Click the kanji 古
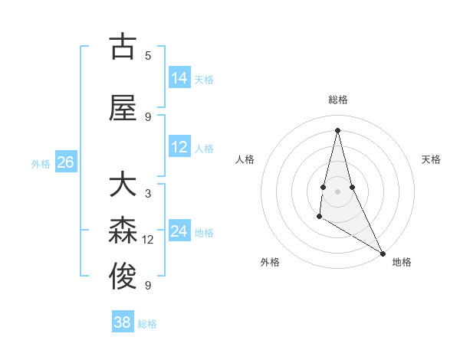coord(123,47)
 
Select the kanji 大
coord(123,185)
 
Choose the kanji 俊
coord(123,277)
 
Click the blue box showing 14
coord(179,78)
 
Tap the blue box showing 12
coord(179,147)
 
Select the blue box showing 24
coord(179,231)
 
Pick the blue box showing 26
coord(65,162)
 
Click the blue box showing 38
coord(123,322)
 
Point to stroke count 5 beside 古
coord(148,55)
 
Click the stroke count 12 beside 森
coord(148,240)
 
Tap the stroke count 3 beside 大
coord(148,193)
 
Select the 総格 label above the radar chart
coord(338,100)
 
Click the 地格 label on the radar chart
coord(402,262)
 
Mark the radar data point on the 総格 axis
coord(337,130)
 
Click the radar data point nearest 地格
coord(383,253)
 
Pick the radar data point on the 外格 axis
coord(319,218)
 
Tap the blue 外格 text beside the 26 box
coord(41,163)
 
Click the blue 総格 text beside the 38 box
coord(147,324)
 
